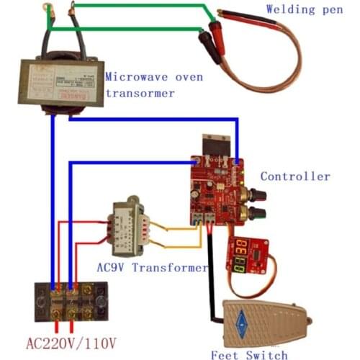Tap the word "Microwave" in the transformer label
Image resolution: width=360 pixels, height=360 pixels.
pyautogui.click(x=136, y=77)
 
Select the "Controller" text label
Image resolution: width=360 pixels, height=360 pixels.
pyautogui.click(x=295, y=176)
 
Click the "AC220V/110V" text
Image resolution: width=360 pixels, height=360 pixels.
pyautogui.click(x=71, y=340)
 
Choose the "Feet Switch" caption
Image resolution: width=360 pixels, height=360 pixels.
pyautogui.click(x=249, y=354)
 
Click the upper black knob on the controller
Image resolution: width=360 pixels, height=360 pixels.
pyautogui.click(x=257, y=194)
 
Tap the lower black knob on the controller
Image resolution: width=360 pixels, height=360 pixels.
pyautogui.click(x=256, y=214)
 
